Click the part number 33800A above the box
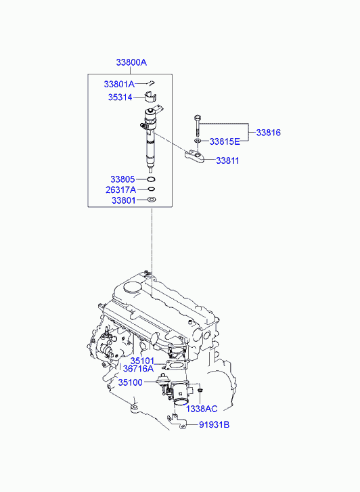131,62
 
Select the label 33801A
119,84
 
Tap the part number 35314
120,97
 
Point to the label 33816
269,133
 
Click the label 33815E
225,141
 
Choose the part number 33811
227,160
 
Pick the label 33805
122,179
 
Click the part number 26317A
121,190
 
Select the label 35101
142,361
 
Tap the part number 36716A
139,369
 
